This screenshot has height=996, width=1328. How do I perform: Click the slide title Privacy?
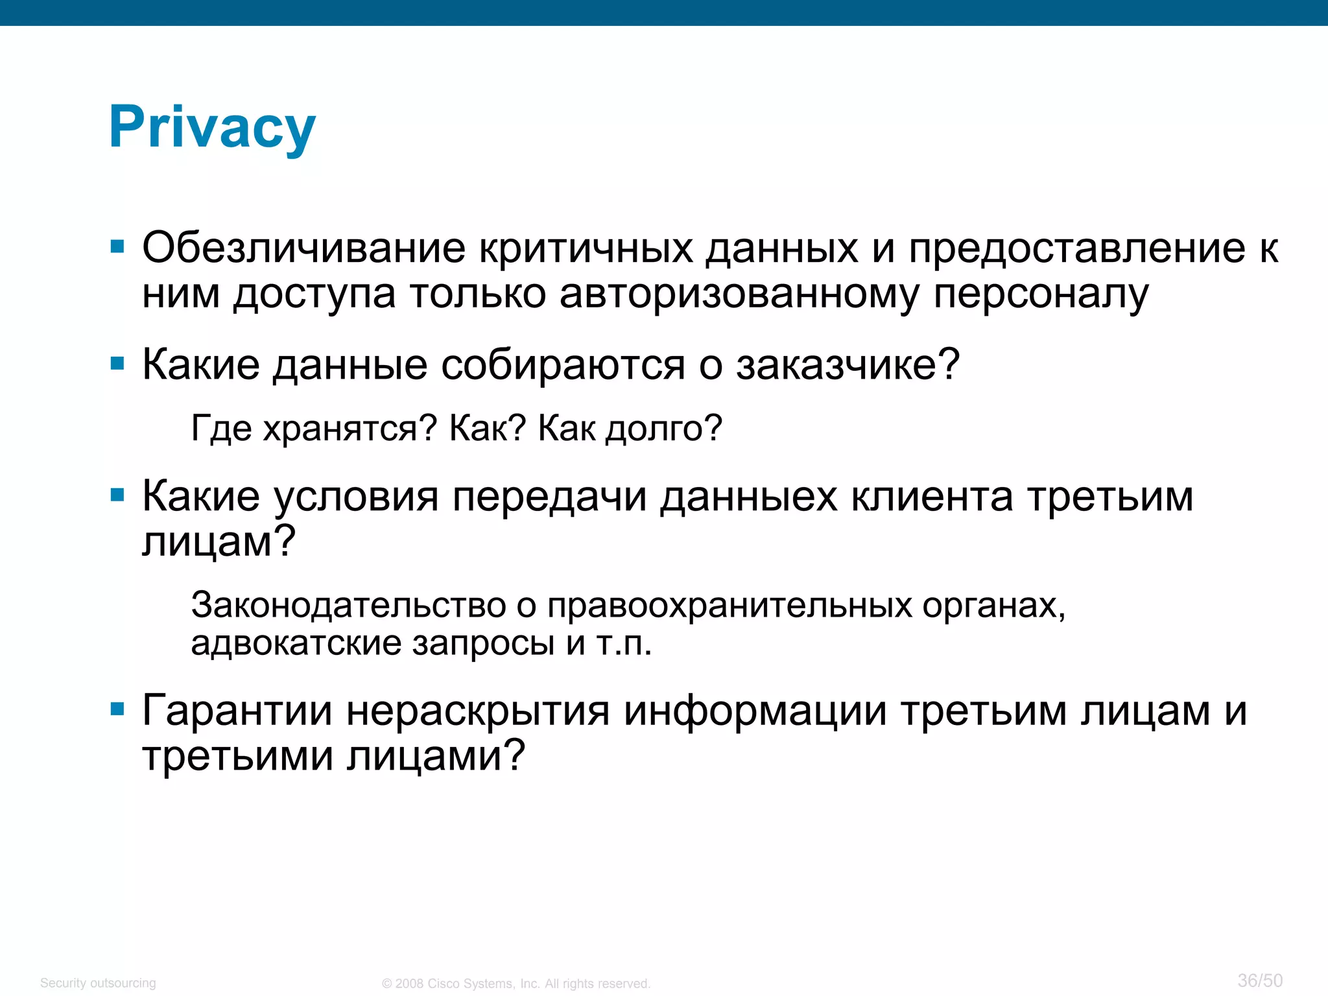(212, 128)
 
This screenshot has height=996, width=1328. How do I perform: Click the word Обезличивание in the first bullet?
(303, 248)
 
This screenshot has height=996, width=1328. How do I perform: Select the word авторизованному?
(739, 294)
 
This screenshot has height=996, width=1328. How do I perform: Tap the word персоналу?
(1040, 294)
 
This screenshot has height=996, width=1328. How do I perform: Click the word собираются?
(562, 364)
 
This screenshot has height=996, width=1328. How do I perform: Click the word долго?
(663, 429)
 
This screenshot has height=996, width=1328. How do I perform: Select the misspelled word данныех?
(749, 497)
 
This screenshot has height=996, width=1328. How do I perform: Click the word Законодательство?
(348, 605)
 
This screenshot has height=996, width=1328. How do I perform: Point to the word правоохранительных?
(729, 605)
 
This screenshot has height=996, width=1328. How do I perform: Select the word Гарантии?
(237, 711)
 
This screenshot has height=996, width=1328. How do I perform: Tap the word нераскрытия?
(478, 711)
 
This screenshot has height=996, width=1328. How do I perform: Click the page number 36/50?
(1260, 980)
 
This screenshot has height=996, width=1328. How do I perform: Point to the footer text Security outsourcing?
(98, 983)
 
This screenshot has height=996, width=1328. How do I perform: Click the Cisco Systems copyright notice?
(516, 984)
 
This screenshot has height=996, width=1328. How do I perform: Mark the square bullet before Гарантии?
(117, 709)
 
